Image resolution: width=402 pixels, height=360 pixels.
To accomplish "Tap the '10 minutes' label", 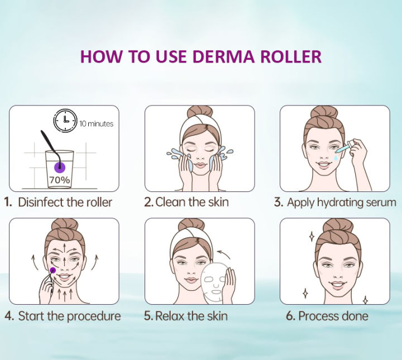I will [x=96, y=124].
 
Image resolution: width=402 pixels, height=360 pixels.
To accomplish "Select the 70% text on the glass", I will [x=59, y=180].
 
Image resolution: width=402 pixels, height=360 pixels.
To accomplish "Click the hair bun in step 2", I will [x=199, y=112].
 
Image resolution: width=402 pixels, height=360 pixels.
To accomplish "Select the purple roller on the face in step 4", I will [x=52, y=271].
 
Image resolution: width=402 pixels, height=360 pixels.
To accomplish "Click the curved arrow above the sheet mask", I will [x=226, y=254].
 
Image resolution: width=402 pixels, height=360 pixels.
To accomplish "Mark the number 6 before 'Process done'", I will [x=290, y=316].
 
